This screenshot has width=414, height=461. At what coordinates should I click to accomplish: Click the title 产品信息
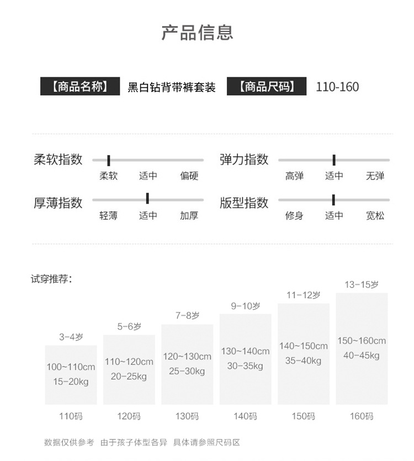197,33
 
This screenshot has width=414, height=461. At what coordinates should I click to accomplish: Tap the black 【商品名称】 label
79,87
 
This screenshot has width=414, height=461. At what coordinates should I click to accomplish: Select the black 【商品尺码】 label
266,87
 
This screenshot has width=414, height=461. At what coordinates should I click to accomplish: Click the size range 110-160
337,87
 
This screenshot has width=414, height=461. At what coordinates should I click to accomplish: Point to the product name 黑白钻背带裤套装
172,87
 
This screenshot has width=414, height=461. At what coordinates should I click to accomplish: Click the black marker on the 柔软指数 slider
109,160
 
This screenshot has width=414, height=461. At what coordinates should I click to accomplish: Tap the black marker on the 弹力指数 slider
334,160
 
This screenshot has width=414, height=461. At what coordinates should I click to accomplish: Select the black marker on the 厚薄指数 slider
147,199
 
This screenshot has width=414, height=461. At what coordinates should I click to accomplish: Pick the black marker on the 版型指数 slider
334,199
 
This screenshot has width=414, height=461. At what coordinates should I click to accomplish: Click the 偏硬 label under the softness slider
189,176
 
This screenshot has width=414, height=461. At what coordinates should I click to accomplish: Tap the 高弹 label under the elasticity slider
294,176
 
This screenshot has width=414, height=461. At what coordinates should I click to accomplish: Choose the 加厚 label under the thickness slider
189,215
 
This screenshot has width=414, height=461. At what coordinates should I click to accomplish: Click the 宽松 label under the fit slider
375,215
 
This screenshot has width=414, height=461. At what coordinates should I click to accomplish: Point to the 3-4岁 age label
71,337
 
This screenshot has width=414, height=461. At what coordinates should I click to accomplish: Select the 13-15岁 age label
362,285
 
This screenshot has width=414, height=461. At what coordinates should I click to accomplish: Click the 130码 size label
187,416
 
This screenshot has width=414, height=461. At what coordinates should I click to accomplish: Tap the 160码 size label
362,416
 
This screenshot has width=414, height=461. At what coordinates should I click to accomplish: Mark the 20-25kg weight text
129,377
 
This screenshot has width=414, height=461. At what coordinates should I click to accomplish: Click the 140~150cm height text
303,346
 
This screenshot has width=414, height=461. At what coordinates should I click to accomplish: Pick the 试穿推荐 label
51,279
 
